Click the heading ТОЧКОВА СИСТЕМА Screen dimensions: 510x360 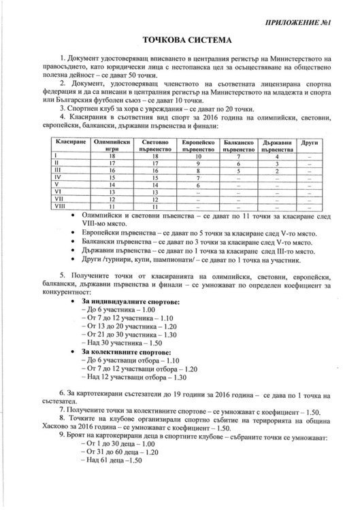click(x=180, y=41)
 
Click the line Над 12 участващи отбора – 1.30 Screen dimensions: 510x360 click(x=132, y=376)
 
